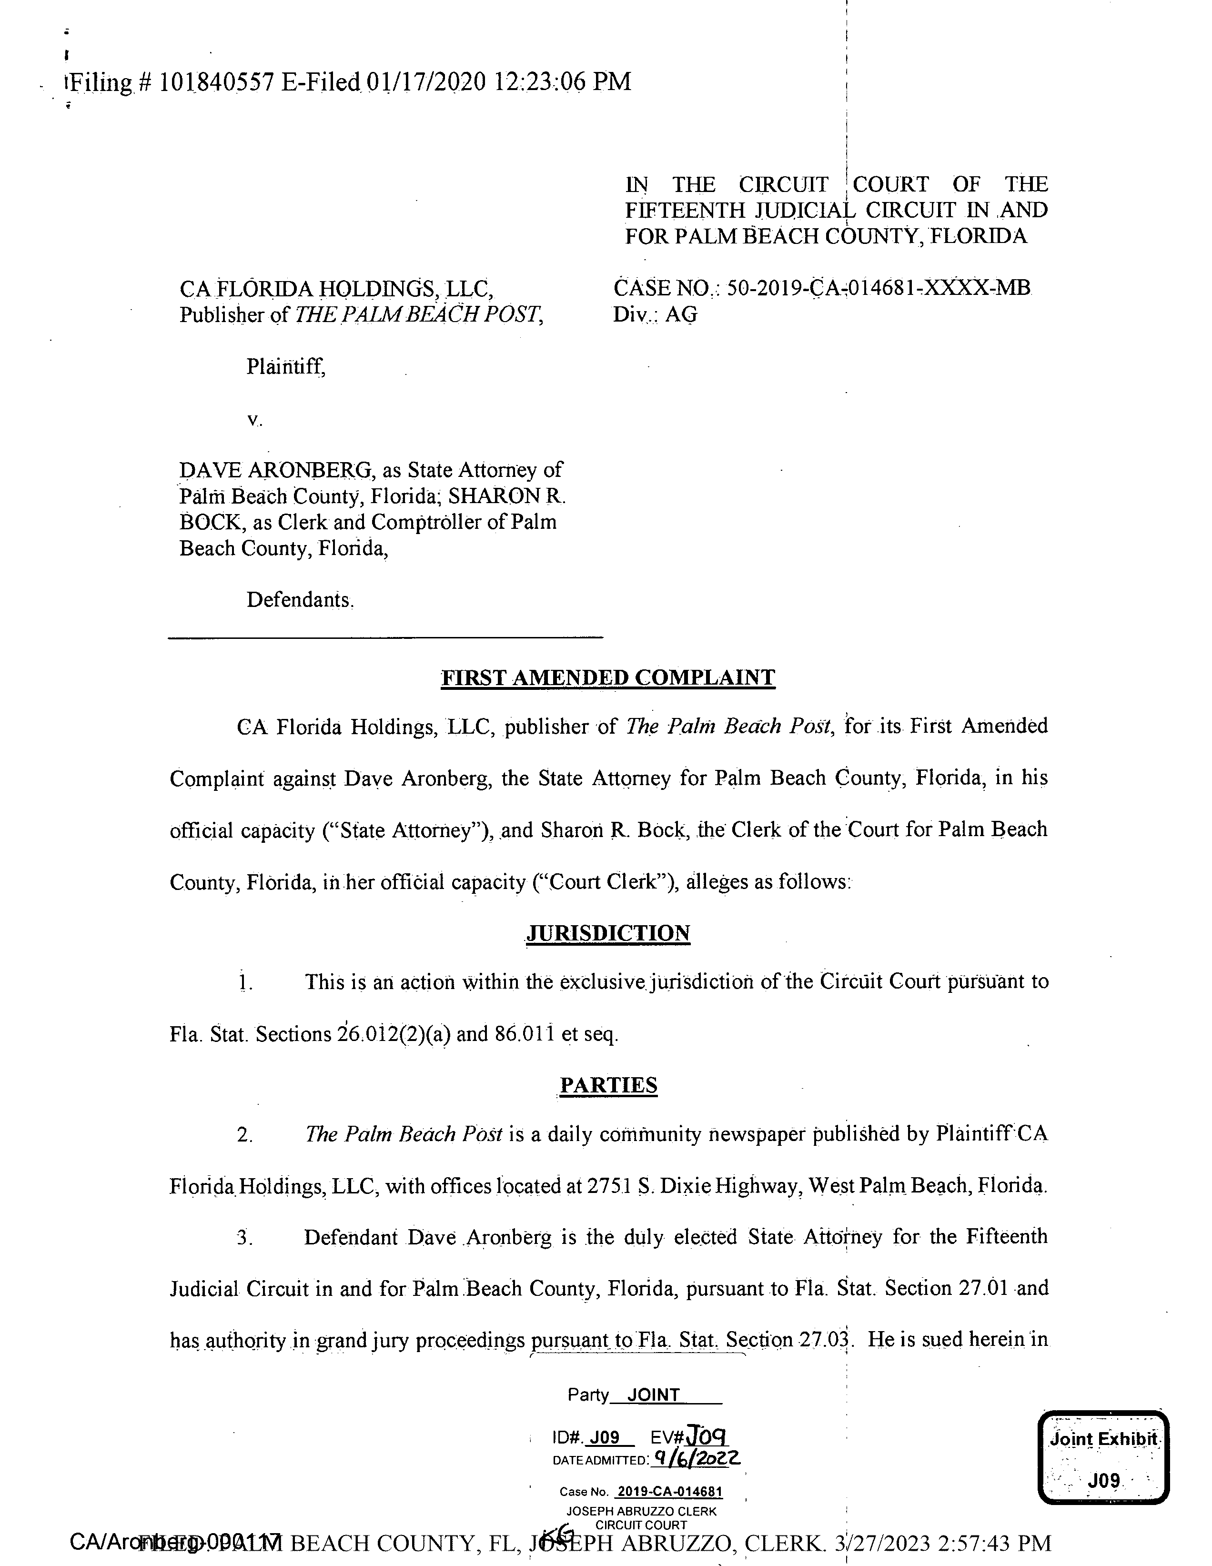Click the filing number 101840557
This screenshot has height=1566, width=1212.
point(216,82)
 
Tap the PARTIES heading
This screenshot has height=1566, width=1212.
point(608,1085)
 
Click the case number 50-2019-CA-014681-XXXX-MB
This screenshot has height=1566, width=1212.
point(878,288)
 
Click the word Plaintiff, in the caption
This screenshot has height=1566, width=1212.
point(285,367)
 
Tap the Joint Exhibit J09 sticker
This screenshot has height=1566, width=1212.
point(1103,1457)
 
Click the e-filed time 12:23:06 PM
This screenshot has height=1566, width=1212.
point(562,82)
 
